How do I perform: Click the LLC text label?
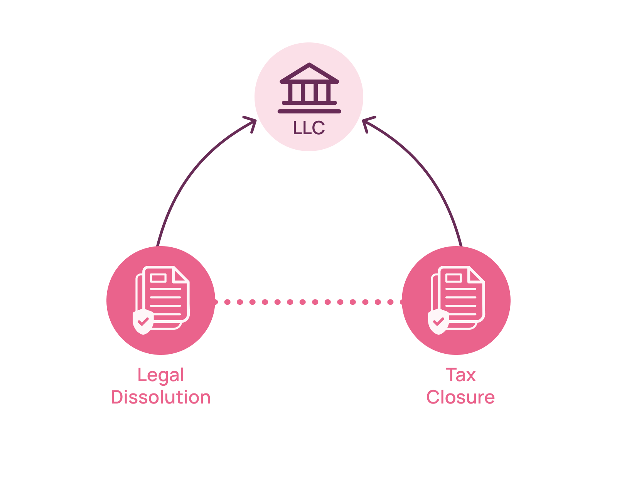309,128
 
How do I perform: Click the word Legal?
161,375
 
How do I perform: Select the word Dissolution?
161,397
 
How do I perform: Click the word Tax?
460,375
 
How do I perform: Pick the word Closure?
460,397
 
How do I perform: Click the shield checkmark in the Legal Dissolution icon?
143,321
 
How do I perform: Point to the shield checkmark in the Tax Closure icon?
438,321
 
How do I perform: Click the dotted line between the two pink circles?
308,302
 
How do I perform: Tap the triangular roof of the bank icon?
309,72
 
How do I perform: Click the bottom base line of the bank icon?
309,111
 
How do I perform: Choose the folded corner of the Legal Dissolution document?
180,275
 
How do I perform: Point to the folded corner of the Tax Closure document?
476,275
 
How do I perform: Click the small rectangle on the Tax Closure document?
453,278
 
